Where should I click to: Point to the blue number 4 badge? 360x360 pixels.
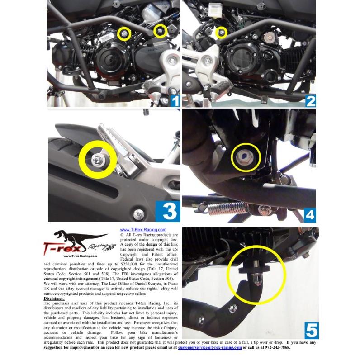click(310, 212)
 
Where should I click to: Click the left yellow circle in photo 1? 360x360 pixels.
click(124, 33)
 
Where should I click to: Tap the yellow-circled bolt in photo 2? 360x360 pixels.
click(221, 32)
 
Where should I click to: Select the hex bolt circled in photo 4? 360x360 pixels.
click(246, 157)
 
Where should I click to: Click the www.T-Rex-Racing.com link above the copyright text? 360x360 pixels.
click(143, 230)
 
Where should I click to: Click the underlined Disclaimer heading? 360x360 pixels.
click(54, 299)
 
